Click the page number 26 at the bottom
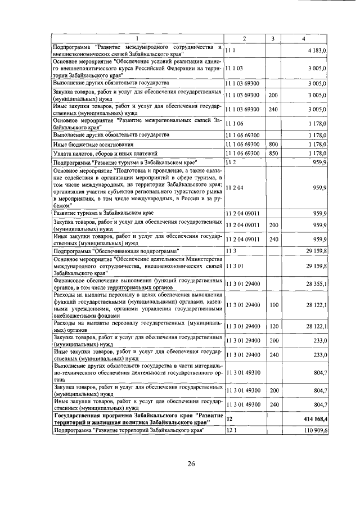[191, 463]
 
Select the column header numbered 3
[272, 39]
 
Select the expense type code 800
[273, 145]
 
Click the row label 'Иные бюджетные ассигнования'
[85, 145]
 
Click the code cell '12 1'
[231, 430]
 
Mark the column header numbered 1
[137, 39]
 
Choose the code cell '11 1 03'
[235, 69]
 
